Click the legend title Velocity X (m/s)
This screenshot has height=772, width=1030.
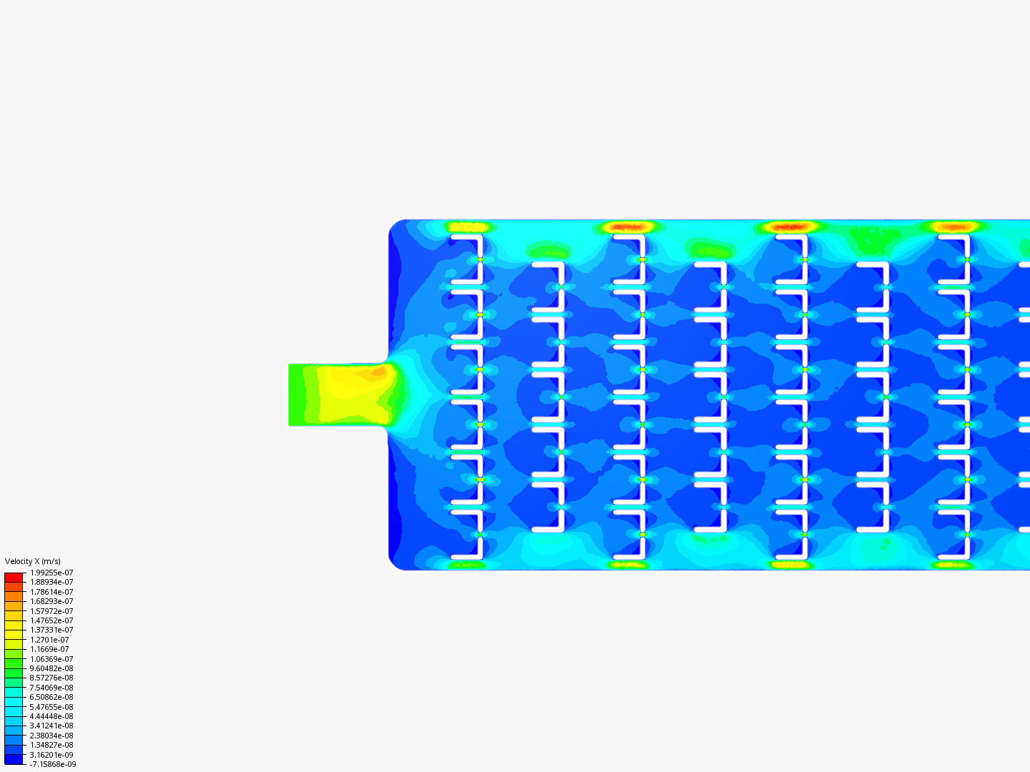(32, 561)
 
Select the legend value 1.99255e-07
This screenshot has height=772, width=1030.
(51, 573)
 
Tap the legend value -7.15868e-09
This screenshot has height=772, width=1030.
(52, 765)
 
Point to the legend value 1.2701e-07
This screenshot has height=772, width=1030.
(49, 640)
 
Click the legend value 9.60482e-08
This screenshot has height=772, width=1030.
(51, 668)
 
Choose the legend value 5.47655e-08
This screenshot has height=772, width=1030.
(51, 707)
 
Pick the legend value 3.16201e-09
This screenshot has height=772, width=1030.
(51, 755)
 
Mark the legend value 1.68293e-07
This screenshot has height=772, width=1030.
(51, 601)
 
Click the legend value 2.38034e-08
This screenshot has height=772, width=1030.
(51, 736)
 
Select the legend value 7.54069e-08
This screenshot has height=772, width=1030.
(51, 688)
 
